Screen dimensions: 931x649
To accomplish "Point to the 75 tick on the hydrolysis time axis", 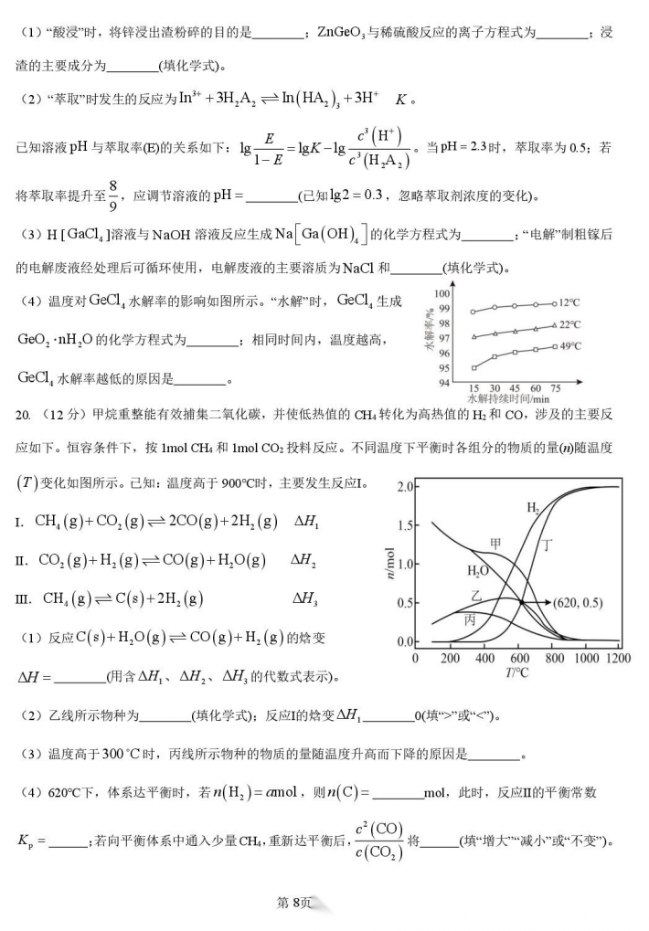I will click(556, 387).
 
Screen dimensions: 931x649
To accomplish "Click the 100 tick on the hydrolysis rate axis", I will click(443, 293).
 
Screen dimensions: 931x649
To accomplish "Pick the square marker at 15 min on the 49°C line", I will click(473, 367).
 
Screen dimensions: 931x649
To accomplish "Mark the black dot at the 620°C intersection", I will click(522, 602).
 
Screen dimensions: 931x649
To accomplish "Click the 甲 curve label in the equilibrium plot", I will click(495, 543).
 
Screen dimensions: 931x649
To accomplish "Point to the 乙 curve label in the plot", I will click(475, 594).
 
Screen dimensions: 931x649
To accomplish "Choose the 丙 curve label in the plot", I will click(470, 619).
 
